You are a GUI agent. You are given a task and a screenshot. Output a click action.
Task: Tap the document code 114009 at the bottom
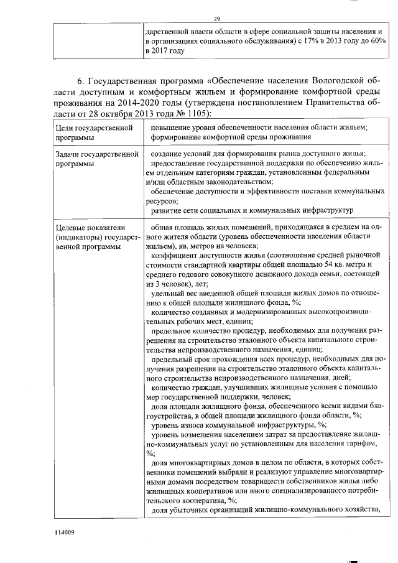pyautogui.click(x=65, y=533)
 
